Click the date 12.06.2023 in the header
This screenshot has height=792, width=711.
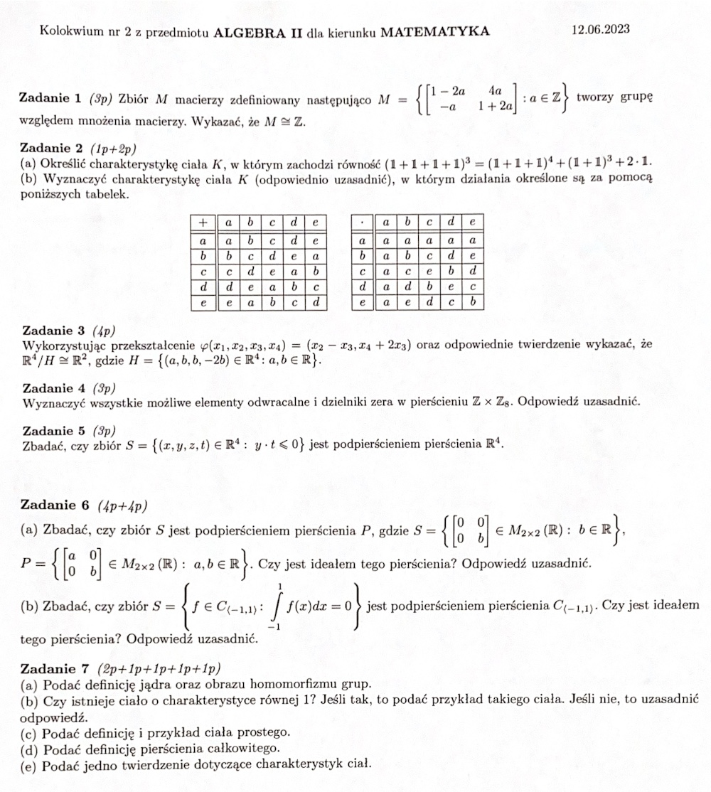[x=600, y=30]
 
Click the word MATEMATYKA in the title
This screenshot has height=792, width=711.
[x=435, y=31]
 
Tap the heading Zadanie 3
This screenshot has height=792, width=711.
[x=54, y=331]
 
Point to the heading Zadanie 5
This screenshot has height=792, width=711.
[x=54, y=431]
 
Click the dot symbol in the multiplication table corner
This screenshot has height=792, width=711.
[x=363, y=223]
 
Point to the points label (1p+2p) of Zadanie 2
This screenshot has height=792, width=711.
[x=114, y=149]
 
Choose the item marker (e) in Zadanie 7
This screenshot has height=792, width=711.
[x=31, y=765]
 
